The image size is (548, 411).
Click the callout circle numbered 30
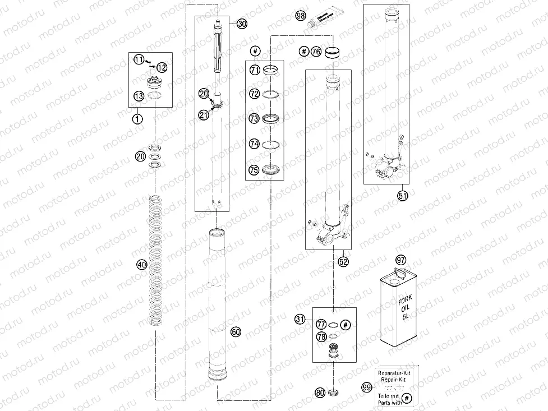click(242, 24)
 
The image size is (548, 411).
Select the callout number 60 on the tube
click(236, 332)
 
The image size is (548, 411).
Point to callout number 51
click(402, 195)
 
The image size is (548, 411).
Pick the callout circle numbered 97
click(400, 260)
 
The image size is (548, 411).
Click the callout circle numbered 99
click(367, 387)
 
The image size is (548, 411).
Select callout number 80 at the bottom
click(320, 392)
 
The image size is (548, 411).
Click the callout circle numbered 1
click(137, 118)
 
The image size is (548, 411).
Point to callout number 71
click(255, 70)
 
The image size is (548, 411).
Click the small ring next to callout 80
click(335, 392)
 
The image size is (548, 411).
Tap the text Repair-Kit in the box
click(394, 379)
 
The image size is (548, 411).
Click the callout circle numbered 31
click(301, 319)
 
